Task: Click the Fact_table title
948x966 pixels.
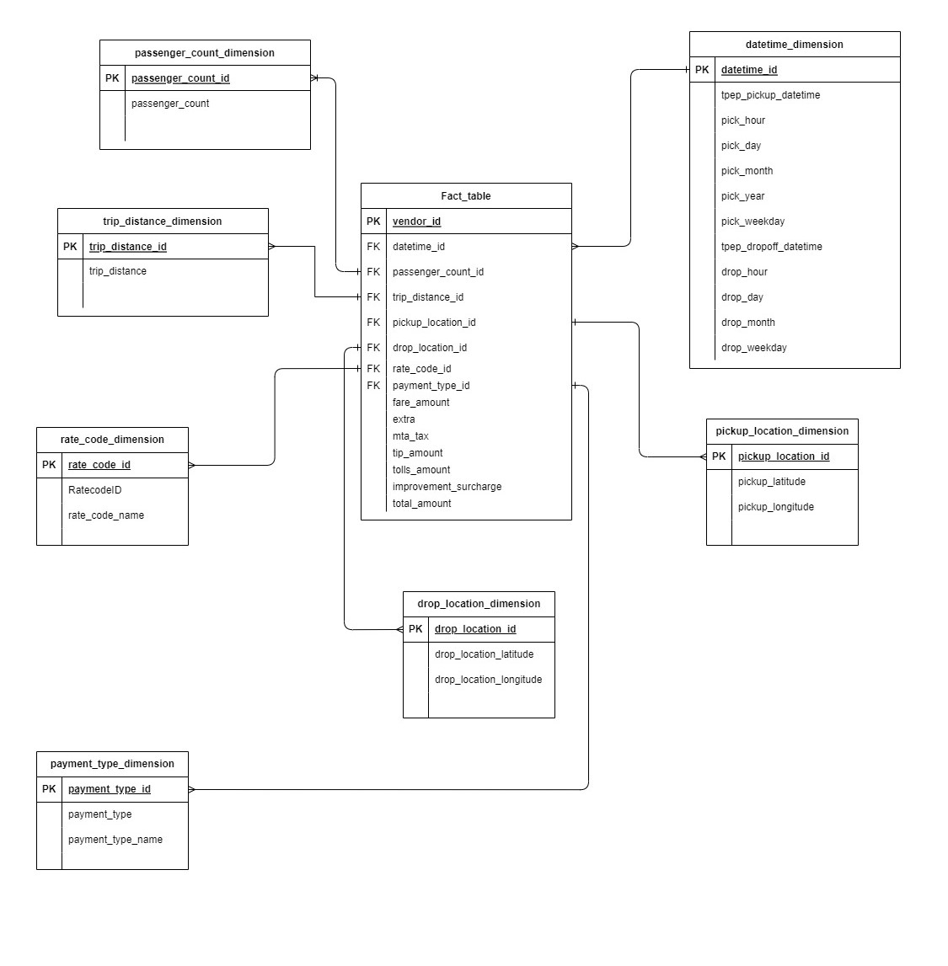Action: point(465,196)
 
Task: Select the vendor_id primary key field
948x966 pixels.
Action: point(416,221)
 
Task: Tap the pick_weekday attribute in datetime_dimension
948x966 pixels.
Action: point(753,221)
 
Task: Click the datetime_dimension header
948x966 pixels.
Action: point(794,45)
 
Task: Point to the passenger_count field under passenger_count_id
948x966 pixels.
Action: point(170,104)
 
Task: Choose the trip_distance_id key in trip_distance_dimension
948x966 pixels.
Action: point(128,247)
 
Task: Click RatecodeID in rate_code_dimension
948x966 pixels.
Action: point(94,490)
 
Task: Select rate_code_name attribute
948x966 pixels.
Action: point(106,515)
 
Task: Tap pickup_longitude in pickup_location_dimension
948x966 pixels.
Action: point(775,507)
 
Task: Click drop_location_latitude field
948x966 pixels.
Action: point(484,654)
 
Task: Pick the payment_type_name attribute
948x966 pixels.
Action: point(115,840)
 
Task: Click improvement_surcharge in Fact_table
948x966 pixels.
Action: point(447,487)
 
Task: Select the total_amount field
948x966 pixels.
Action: point(421,504)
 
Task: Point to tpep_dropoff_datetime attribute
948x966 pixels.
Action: point(771,247)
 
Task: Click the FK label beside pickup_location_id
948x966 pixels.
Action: point(373,323)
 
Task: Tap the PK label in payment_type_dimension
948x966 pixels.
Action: point(49,789)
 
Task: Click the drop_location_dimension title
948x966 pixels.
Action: point(479,604)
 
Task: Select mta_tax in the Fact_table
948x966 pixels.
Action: point(410,436)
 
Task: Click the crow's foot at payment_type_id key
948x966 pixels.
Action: point(192,790)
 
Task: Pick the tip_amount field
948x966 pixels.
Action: point(417,453)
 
